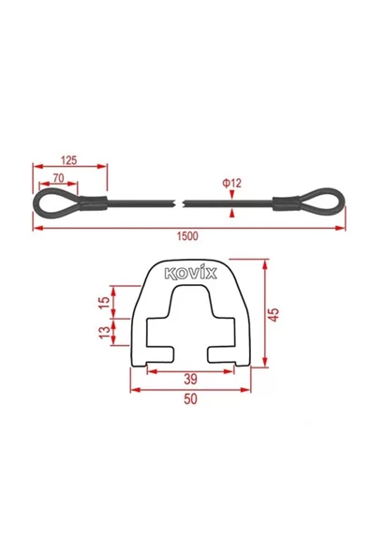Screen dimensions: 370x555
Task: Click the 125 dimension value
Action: click(x=68, y=160)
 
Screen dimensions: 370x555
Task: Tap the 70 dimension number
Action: click(x=58, y=178)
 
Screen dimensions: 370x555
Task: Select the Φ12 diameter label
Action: click(x=231, y=183)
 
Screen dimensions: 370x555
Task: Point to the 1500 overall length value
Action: click(x=188, y=235)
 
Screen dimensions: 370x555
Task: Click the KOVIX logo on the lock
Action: click(x=191, y=273)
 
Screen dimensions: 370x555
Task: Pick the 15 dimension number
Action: click(x=104, y=302)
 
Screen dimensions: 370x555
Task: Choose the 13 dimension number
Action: click(x=105, y=332)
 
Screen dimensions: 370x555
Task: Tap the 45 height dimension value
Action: click(x=274, y=315)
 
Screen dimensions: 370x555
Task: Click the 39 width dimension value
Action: click(x=191, y=379)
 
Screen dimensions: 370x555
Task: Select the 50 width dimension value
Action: click(x=191, y=399)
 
